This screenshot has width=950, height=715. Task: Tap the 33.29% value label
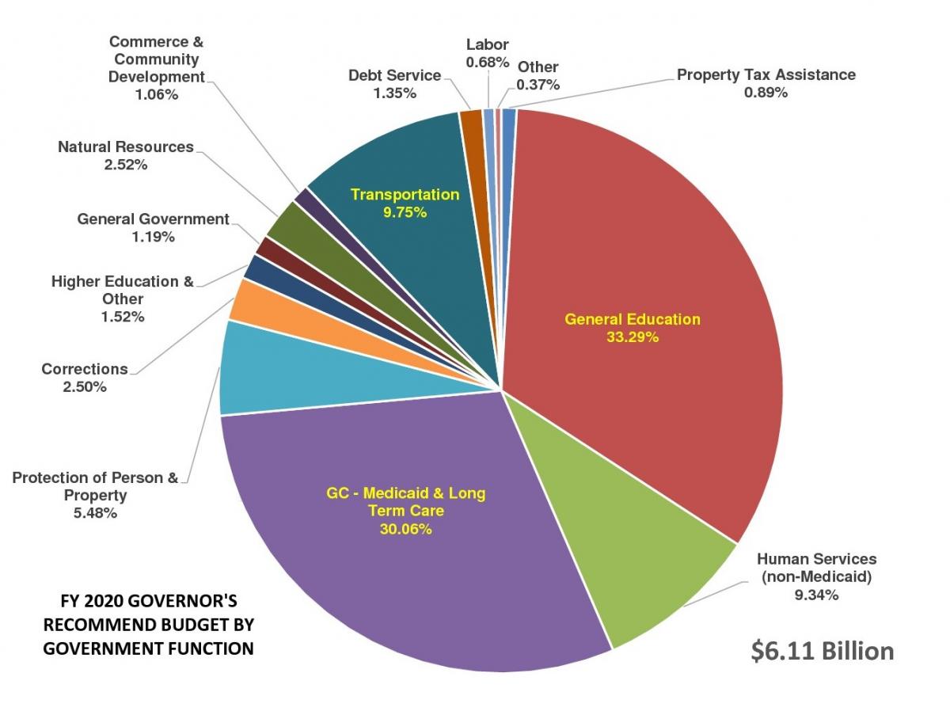click(632, 337)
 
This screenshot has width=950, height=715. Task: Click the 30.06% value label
click(405, 529)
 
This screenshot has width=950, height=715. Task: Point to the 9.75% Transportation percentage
click(405, 211)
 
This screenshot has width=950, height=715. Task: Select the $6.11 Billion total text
click(822, 650)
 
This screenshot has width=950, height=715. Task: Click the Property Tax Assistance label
click(766, 75)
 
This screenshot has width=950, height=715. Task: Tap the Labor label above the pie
click(487, 44)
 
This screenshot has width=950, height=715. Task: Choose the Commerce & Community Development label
click(155, 59)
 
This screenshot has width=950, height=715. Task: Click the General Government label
click(153, 219)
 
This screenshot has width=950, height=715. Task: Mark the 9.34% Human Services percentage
click(816, 595)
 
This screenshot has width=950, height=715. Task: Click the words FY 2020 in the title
click(89, 600)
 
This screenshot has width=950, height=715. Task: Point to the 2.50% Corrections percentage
click(85, 386)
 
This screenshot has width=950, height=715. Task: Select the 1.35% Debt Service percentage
click(394, 93)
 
